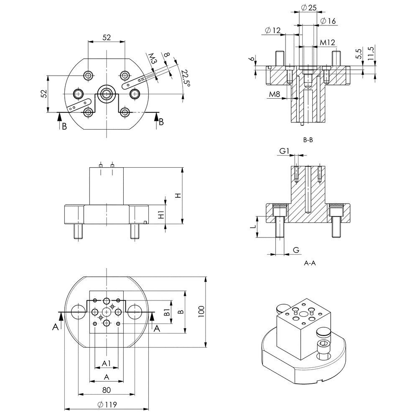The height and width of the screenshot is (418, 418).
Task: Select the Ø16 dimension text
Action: click(x=328, y=21)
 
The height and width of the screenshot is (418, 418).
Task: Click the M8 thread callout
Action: click(x=274, y=94)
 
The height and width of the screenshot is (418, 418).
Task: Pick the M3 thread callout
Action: click(x=153, y=59)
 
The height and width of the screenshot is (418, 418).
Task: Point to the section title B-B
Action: click(x=308, y=140)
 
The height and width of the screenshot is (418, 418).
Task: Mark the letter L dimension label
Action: click(x=252, y=227)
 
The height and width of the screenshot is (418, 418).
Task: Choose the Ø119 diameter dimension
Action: click(x=106, y=404)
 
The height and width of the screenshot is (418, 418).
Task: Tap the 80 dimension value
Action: click(x=106, y=390)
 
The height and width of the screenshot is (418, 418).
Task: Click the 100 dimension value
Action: click(x=201, y=311)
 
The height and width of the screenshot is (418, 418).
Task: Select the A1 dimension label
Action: click(x=106, y=363)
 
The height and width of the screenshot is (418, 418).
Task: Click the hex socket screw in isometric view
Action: click(x=324, y=345)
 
